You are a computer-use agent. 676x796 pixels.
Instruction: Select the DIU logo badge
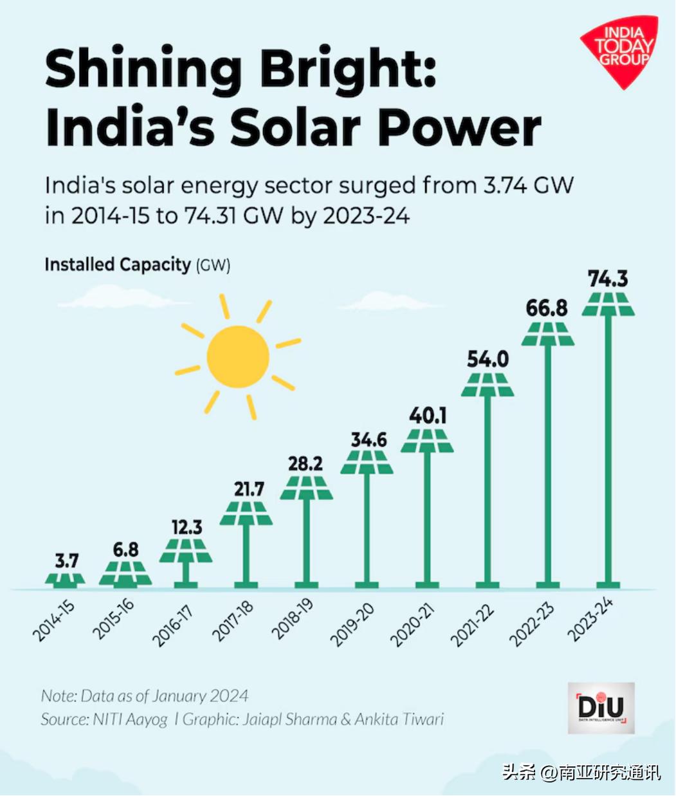click(601, 708)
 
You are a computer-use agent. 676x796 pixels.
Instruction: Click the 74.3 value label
click(608, 279)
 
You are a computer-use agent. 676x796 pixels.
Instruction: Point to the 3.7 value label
click(66, 560)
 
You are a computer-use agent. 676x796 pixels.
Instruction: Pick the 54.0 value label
click(488, 359)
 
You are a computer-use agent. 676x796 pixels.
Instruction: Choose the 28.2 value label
click(306, 463)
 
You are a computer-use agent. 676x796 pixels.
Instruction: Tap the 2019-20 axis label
click(352, 624)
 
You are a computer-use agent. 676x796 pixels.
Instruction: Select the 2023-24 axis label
click(591, 619)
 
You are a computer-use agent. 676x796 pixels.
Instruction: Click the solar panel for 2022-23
click(547, 334)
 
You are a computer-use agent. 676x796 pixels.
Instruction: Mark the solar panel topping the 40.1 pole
click(427, 441)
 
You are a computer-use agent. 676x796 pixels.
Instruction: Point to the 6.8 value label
click(125, 550)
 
